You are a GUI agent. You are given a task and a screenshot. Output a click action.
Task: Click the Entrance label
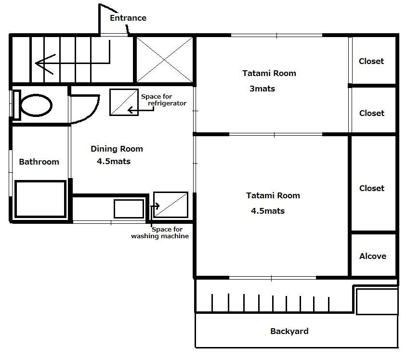[128, 18]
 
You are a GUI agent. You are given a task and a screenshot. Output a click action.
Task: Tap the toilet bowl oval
[36, 105]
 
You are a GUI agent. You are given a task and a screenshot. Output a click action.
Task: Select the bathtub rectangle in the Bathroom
[40, 199]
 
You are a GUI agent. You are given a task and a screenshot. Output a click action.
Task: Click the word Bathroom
[39, 162]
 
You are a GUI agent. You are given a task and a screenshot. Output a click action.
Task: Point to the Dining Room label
[117, 149]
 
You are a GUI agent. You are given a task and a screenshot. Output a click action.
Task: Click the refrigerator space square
[124, 102]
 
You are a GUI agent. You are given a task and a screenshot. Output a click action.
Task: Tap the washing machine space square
[171, 205]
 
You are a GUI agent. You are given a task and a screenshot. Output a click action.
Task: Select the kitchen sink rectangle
[129, 209]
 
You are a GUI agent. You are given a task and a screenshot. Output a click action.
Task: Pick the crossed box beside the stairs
[165, 60]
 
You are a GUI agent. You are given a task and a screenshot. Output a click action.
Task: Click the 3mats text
[262, 89]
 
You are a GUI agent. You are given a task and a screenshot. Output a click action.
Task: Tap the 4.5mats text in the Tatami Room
[268, 211]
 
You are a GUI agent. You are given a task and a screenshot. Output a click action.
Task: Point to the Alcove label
[373, 256]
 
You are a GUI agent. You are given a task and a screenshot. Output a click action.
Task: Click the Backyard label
[289, 331]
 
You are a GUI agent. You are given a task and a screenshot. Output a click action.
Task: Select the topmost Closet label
[371, 61]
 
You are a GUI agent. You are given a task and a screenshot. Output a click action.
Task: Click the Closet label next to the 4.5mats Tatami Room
[372, 188]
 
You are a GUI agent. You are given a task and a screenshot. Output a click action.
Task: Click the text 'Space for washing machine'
[160, 232]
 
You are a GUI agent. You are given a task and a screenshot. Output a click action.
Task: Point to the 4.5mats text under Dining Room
[114, 161]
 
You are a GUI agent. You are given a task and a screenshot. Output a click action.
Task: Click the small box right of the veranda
[377, 302]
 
